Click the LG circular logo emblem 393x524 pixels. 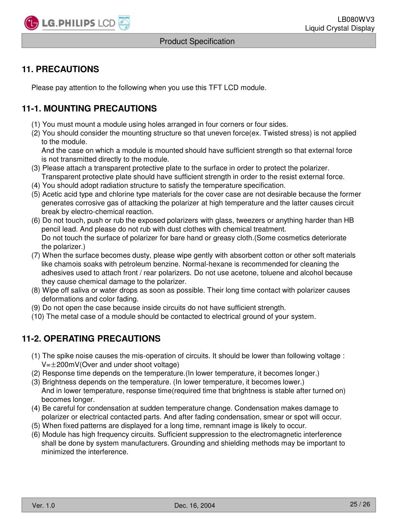[x=31, y=23]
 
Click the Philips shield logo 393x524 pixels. [x=124, y=23]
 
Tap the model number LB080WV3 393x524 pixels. [x=356, y=20]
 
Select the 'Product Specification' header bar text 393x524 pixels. [x=197, y=41]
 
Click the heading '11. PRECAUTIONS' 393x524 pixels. [x=60, y=69]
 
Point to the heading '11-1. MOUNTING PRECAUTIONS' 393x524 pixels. [x=89, y=109]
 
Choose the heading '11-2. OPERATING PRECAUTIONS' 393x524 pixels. [x=91, y=339]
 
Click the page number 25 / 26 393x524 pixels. [x=360, y=504]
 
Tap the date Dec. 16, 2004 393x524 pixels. [x=195, y=506]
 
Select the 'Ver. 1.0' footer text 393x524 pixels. [x=43, y=506]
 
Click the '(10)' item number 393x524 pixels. [x=38, y=317]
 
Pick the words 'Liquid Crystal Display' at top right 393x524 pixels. [x=340, y=28]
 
